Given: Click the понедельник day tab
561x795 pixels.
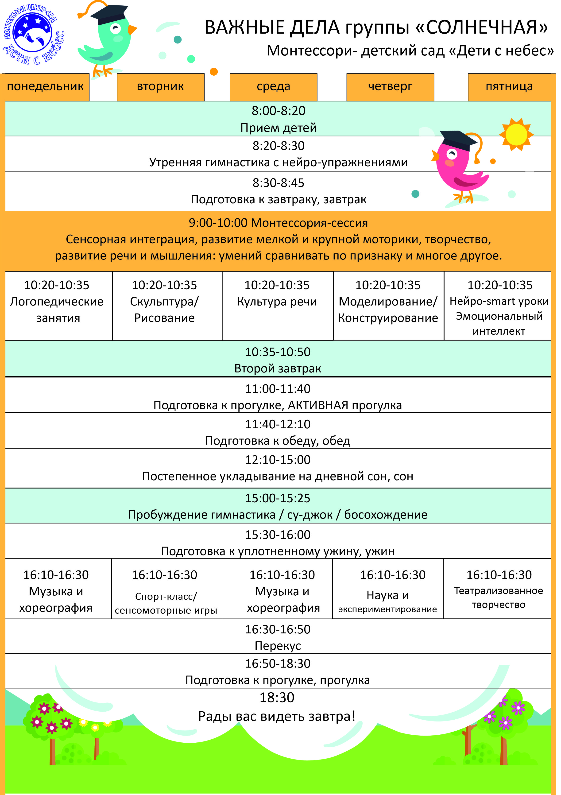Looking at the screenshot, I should (x=45, y=87).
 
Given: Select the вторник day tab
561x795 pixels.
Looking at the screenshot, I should (x=161, y=87).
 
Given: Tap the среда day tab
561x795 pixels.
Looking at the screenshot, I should (x=274, y=87).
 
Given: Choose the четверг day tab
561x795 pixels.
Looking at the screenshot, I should (x=390, y=87).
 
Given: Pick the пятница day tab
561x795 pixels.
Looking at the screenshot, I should (x=509, y=87).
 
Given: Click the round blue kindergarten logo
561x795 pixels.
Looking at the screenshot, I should (x=32, y=33).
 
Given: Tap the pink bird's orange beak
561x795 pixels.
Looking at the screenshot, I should (x=435, y=156).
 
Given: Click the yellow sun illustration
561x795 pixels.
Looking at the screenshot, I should (x=516, y=134).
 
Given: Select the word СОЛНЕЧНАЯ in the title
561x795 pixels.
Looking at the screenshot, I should (x=487, y=28).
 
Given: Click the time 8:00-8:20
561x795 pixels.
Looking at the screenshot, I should (x=279, y=111).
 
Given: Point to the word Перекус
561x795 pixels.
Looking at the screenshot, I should (x=278, y=646).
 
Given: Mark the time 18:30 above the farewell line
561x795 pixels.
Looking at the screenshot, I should (x=277, y=697).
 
